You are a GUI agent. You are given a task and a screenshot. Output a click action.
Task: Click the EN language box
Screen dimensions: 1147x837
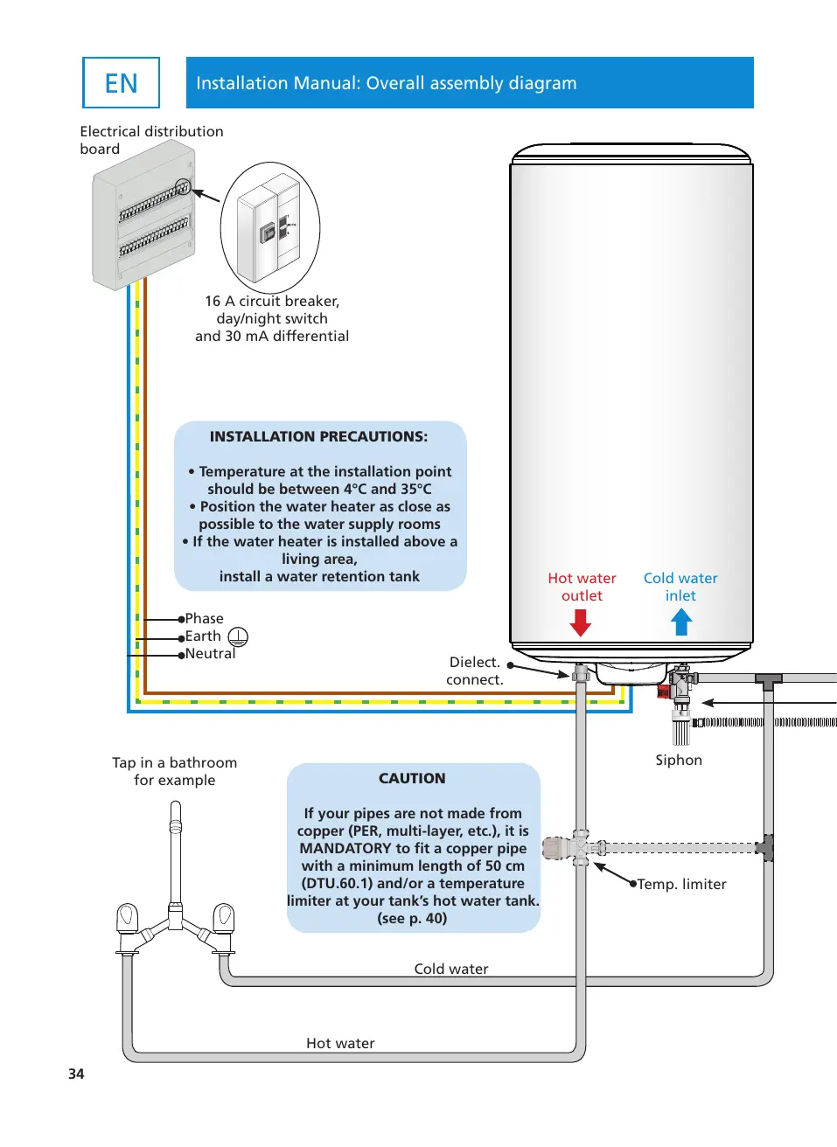tap(121, 83)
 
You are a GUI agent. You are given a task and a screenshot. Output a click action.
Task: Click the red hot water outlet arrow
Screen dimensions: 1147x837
tap(581, 622)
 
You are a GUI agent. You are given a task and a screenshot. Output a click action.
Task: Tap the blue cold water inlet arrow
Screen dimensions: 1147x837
tap(681, 622)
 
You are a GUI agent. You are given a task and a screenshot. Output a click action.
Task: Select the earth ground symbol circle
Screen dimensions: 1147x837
tap(238, 636)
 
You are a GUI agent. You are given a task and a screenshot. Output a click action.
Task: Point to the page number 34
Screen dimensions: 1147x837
tap(76, 1074)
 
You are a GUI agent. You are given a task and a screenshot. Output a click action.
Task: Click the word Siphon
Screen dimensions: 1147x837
tap(679, 760)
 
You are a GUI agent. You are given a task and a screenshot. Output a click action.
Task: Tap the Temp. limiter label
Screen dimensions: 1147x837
tap(681, 884)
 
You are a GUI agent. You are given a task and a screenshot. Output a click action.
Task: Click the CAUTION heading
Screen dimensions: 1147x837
tap(412, 778)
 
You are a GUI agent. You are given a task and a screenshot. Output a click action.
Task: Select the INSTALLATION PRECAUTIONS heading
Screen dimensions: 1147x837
tap(318, 436)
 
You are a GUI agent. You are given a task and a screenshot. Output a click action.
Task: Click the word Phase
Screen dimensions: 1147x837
tap(204, 618)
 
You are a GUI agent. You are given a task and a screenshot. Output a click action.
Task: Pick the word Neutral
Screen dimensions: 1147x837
tap(210, 653)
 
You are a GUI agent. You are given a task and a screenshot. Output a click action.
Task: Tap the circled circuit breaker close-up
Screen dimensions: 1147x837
tap(270, 227)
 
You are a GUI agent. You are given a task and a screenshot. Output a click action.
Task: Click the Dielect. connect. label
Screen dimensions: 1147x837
tap(474, 671)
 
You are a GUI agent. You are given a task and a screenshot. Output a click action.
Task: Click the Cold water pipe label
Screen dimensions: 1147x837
tap(451, 969)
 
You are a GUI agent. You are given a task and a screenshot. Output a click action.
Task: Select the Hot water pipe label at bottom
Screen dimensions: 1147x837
tap(340, 1043)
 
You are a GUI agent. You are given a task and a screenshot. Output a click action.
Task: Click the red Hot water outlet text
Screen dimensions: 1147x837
tap(582, 587)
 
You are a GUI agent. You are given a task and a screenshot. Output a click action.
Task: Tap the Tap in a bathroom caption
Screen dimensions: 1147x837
tap(174, 771)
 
